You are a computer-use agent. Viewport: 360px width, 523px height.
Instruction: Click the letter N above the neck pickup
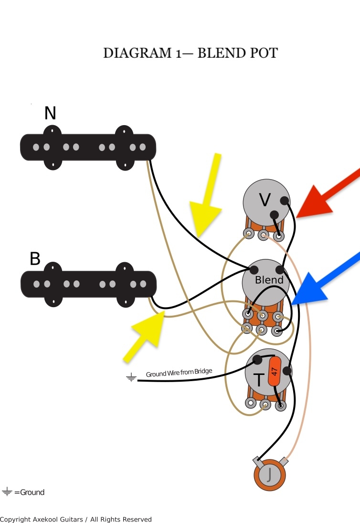pyautogui.click(x=50, y=113)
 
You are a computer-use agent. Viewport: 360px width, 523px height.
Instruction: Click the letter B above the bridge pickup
pyautogui.click(x=35, y=258)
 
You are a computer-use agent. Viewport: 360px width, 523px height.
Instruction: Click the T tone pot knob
pyautogui.click(x=269, y=373)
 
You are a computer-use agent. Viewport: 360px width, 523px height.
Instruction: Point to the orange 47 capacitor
pyautogui.click(x=275, y=371)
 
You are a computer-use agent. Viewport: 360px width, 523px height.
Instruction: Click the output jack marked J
pyautogui.click(x=270, y=475)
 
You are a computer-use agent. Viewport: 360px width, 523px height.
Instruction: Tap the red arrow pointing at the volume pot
pyautogui.click(x=328, y=194)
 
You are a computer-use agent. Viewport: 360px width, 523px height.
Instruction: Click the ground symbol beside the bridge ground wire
pyautogui.click(x=131, y=377)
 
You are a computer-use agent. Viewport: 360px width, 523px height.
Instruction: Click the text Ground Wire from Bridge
pyautogui.click(x=179, y=372)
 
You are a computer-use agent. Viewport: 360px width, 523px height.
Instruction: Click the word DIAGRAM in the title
pyautogui.click(x=138, y=53)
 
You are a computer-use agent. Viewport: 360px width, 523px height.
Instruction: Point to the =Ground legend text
pyautogui.click(x=29, y=492)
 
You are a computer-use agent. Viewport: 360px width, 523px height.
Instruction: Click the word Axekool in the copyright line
pyautogui.click(x=46, y=519)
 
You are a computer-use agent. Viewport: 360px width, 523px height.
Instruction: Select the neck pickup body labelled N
pyautogui.click(x=88, y=148)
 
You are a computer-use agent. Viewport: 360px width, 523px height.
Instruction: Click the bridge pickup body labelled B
pyautogui.click(x=88, y=284)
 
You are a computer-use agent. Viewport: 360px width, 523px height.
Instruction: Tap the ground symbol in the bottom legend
pyautogui.click(x=7, y=491)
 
